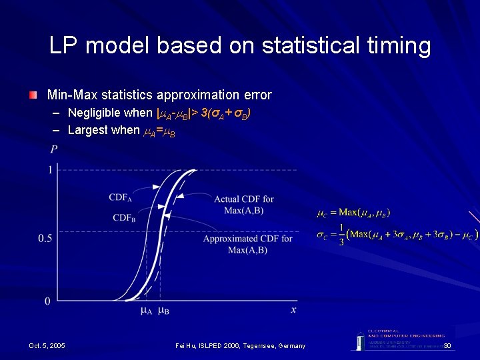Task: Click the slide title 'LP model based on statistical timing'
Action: [x=240, y=45]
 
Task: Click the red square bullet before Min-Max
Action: [x=33, y=95]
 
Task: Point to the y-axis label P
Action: [x=53, y=148]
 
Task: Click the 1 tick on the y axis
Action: [x=49, y=171]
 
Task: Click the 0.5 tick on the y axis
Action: [x=45, y=238]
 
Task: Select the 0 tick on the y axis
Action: [x=47, y=301]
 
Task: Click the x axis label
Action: [x=293, y=309]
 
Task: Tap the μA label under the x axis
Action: [x=147, y=311]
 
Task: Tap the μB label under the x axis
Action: [x=163, y=311]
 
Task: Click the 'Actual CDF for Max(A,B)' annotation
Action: [x=243, y=204]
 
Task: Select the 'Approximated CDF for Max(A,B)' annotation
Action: [x=247, y=244]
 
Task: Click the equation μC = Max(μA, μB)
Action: [x=353, y=213]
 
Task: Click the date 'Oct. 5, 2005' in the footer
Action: [x=47, y=345]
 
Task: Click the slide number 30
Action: [x=447, y=345]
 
